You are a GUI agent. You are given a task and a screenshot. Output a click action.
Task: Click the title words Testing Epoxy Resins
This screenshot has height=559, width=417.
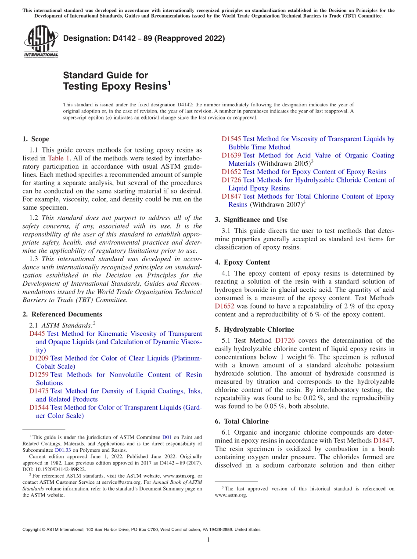(115, 86)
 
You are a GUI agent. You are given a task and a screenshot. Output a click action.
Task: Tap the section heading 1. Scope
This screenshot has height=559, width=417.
(36, 139)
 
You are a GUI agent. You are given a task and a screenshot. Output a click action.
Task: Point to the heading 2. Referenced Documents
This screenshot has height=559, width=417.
(62, 314)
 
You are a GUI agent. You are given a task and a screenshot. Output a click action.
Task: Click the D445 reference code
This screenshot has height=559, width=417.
(37, 334)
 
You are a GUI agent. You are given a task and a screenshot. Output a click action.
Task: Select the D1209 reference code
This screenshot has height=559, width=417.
(39, 358)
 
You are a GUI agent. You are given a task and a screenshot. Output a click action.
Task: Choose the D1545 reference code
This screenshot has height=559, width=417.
(231, 139)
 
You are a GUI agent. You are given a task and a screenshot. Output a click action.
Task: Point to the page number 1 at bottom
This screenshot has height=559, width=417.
(208, 540)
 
